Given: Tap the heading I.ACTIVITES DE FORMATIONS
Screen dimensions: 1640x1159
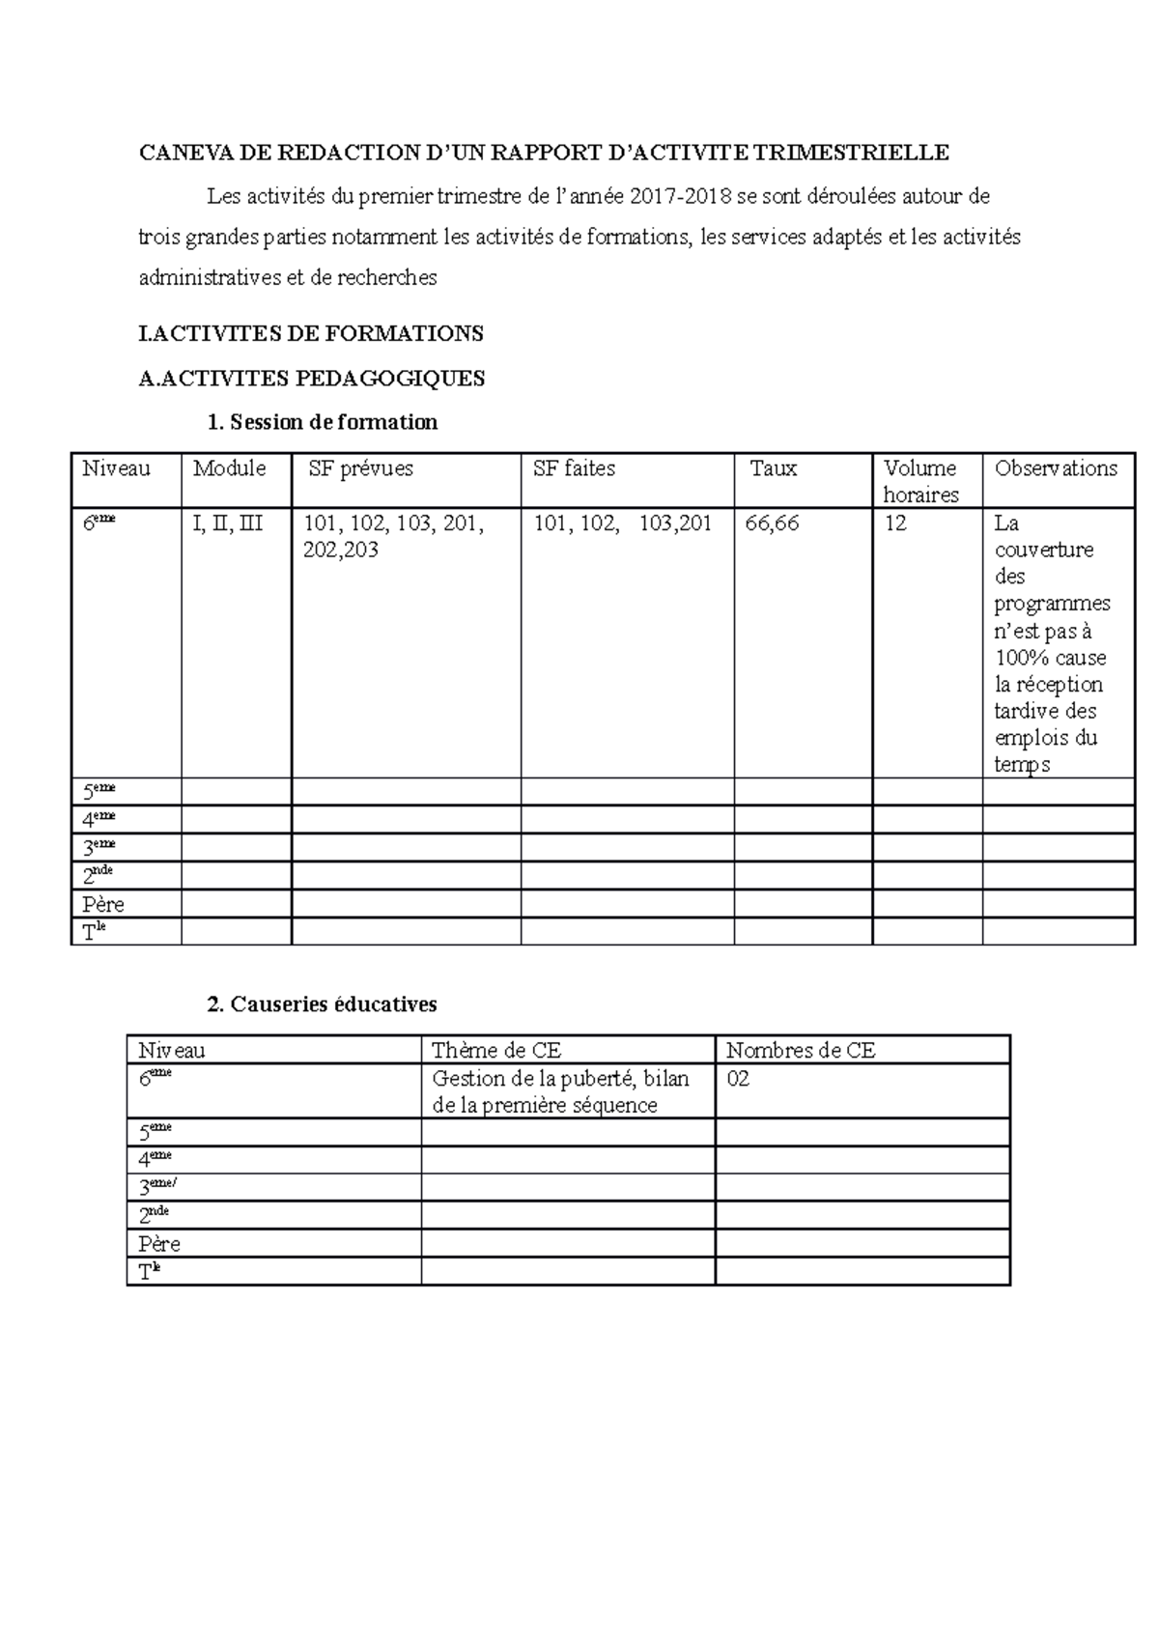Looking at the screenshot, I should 311,334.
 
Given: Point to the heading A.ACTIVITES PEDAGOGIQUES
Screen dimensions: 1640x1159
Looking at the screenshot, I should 311,379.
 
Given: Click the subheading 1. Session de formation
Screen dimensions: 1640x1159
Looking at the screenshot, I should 323,422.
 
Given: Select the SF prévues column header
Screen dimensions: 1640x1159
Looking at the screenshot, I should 360,468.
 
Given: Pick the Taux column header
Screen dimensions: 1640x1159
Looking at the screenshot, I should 774,468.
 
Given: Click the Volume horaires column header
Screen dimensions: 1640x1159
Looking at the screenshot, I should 920,481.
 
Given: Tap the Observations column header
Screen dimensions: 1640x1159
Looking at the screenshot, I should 1056,468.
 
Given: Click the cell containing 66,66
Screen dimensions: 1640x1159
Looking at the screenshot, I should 773,523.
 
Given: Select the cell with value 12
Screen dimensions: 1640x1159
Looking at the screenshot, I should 895,523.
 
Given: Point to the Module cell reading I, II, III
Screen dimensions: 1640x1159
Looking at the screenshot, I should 228,523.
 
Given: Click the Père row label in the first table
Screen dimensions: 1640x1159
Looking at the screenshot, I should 103,905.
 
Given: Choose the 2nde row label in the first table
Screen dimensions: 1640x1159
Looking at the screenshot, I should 99,876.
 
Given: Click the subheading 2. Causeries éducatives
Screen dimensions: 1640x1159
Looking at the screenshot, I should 323,1004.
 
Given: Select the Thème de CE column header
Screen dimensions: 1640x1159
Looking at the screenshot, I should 496,1051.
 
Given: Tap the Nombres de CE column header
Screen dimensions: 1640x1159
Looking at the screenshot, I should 801,1051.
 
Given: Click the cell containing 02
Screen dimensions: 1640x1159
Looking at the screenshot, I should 738,1079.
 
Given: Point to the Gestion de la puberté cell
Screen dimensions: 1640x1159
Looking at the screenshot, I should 560,1091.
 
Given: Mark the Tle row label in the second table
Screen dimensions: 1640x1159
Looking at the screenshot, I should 148,1272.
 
